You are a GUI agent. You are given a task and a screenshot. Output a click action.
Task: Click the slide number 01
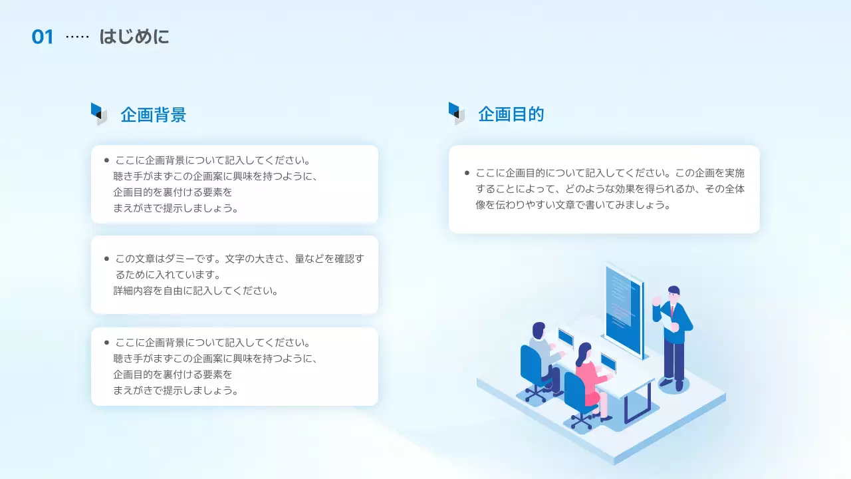point(43,37)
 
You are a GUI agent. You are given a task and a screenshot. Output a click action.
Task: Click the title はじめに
point(134,37)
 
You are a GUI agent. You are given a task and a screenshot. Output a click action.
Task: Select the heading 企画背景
point(153,115)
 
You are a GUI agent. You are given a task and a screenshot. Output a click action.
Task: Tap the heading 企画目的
point(511,114)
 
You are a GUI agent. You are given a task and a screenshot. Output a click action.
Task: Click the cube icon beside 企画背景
point(98,114)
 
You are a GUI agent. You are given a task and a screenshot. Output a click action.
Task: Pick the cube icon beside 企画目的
point(456,113)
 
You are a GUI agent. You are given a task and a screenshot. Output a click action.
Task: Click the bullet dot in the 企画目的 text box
point(467,173)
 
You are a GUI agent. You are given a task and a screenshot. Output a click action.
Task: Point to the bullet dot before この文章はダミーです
point(106,259)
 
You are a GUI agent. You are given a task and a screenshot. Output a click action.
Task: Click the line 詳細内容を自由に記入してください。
point(195,291)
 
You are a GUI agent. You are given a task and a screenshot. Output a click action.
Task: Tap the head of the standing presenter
point(673,293)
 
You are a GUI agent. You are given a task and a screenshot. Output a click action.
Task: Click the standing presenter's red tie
point(672,311)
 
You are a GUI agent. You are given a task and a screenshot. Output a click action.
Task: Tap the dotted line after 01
point(77,37)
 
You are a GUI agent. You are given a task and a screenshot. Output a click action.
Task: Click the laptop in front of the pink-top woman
point(608,363)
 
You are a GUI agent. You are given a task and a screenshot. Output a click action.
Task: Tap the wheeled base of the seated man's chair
point(535,394)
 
